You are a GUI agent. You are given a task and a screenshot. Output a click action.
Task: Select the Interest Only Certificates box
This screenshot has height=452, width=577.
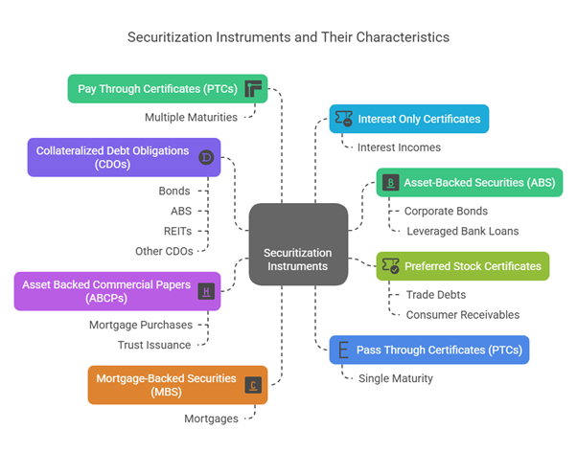409,119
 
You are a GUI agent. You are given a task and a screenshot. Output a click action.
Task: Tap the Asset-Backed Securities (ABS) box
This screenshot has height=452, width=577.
450,182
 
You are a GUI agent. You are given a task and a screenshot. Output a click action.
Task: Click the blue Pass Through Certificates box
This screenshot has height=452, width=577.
428,350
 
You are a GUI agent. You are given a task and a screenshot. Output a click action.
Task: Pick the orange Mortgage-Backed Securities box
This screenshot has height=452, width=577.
177,384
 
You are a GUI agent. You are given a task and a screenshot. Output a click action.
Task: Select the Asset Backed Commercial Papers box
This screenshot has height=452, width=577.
117,290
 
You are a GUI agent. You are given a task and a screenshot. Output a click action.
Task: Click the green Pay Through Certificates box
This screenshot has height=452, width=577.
167,89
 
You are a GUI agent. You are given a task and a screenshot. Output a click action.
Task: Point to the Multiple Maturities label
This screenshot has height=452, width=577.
192,117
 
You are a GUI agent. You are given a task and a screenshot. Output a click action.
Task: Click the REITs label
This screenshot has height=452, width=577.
178,231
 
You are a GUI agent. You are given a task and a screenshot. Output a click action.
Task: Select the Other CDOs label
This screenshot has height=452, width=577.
164,251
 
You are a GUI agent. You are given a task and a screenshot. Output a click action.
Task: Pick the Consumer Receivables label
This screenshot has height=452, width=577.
463,314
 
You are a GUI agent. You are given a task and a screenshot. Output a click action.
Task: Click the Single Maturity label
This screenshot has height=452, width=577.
396,378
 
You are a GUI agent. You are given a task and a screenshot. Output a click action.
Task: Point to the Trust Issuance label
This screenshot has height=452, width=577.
154,345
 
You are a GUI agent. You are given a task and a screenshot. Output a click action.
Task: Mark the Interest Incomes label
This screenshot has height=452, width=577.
399,147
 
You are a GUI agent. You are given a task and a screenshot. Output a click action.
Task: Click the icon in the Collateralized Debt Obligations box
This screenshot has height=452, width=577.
205,158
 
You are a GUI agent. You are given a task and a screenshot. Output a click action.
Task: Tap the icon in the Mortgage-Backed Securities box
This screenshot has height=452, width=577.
252,385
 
